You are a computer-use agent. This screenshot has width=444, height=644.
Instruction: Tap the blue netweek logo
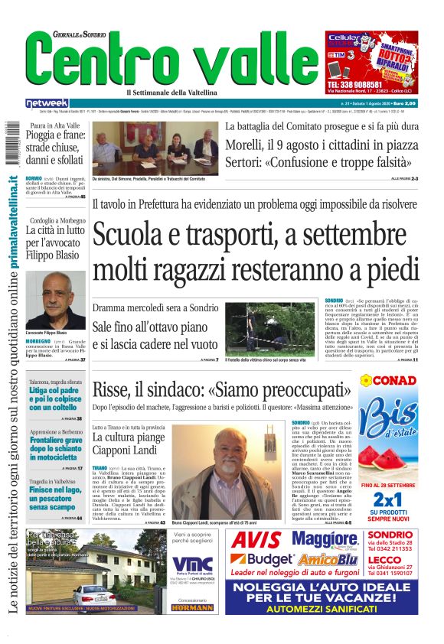[x=47, y=102]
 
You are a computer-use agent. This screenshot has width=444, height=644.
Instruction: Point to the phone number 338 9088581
[x=360, y=83]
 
